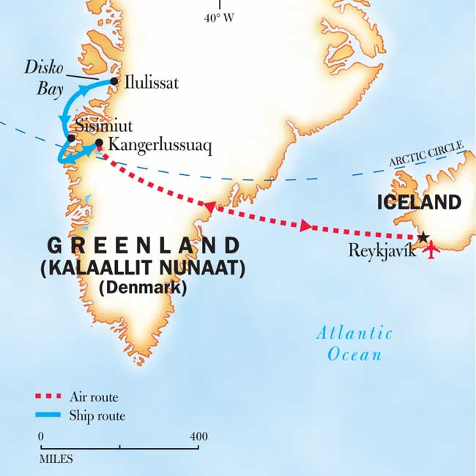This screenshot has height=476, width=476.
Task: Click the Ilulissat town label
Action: tap(150, 83)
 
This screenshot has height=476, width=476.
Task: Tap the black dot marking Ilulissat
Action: tap(114, 81)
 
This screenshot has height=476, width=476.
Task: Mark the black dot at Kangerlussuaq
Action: tap(99, 143)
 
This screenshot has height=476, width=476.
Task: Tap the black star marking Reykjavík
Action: tap(423, 237)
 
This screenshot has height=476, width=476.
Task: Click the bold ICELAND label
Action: tap(419, 203)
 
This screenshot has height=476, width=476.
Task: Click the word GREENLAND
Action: tap(143, 245)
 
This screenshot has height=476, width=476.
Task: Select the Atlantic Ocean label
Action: tap(354, 344)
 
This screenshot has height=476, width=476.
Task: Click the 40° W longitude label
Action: tap(219, 18)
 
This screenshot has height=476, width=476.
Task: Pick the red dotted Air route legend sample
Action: tap(52, 397)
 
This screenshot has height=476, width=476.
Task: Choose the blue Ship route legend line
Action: tap(52, 416)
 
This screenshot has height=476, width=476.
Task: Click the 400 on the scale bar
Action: tap(198, 437)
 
